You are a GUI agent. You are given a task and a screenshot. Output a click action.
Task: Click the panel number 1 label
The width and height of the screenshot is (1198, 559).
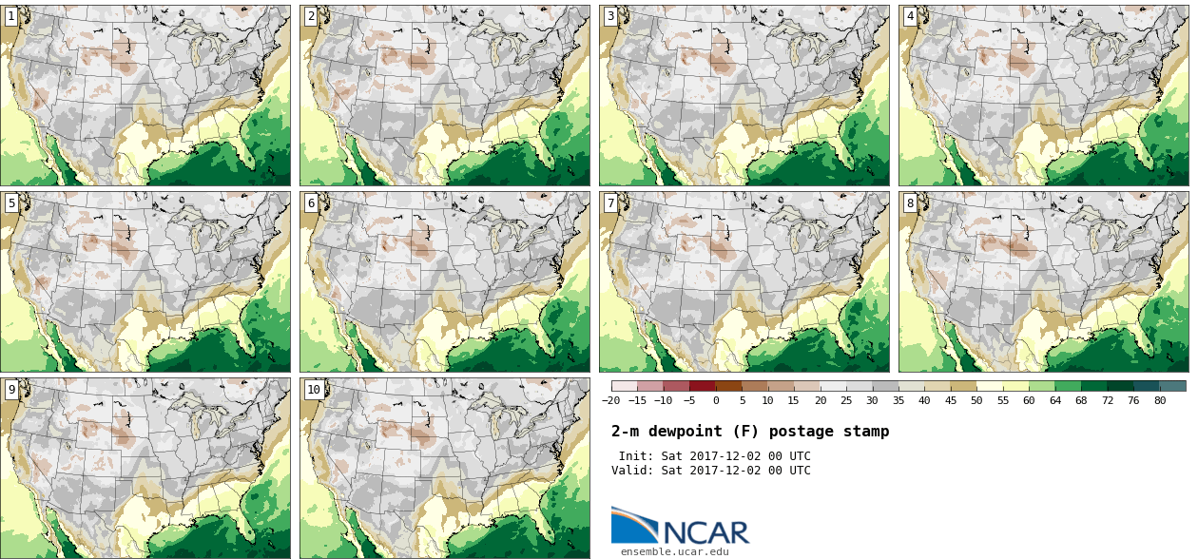pyautogui.click(x=11, y=16)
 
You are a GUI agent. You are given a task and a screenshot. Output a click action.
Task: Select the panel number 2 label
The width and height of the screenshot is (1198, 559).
pyautogui.click(x=311, y=16)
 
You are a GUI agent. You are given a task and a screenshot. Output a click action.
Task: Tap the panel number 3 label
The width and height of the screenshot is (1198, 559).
pyautogui.click(x=610, y=16)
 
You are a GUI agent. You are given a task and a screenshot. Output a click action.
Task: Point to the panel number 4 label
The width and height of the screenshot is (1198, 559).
pyautogui.click(x=910, y=16)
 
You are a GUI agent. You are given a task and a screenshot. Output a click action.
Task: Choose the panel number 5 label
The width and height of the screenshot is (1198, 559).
pyautogui.click(x=11, y=202)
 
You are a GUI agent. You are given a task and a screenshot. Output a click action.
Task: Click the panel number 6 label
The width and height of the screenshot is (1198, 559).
pyautogui.click(x=311, y=202)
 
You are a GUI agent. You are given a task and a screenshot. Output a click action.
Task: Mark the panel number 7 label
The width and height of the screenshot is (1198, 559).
pyautogui.click(x=610, y=202)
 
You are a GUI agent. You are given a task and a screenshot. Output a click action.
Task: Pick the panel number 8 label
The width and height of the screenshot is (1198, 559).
pyautogui.click(x=910, y=202)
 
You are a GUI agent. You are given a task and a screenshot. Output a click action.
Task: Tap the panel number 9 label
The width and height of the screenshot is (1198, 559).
pyautogui.click(x=11, y=389)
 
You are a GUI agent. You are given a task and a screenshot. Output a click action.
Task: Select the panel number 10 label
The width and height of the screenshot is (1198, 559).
pyautogui.click(x=314, y=389)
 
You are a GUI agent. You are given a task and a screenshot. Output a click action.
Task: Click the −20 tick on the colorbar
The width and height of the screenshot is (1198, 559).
pyautogui.click(x=611, y=400)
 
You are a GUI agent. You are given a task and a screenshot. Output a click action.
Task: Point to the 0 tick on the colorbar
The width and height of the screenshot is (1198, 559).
pyautogui.click(x=716, y=400)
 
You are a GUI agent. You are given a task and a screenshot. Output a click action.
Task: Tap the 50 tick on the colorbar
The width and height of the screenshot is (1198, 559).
pyautogui.click(x=976, y=400)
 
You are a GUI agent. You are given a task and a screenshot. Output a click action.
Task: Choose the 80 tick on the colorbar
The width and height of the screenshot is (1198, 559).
pyautogui.click(x=1160, y=400)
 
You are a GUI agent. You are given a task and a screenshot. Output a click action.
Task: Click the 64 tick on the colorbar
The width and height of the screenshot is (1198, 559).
pyautogui.click(x=1055, y=400)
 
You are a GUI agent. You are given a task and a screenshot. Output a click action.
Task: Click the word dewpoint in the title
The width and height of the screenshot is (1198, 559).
pyautogui.click(x=686, y=432)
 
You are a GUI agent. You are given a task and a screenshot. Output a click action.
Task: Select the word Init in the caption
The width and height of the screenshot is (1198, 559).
pyautogui.click(x=636, y=456)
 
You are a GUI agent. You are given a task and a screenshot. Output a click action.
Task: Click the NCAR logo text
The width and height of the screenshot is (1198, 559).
pyautogui.click(x=707, y=531)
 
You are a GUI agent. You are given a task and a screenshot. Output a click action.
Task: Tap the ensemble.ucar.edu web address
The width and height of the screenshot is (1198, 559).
pyautogui.click(x=675, y=551)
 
